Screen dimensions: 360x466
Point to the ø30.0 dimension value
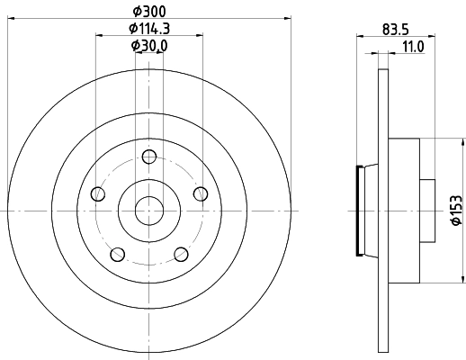pos(148,46)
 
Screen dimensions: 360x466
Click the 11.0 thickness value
pos(412,46)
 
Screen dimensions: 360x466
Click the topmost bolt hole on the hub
pos(148,154)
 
